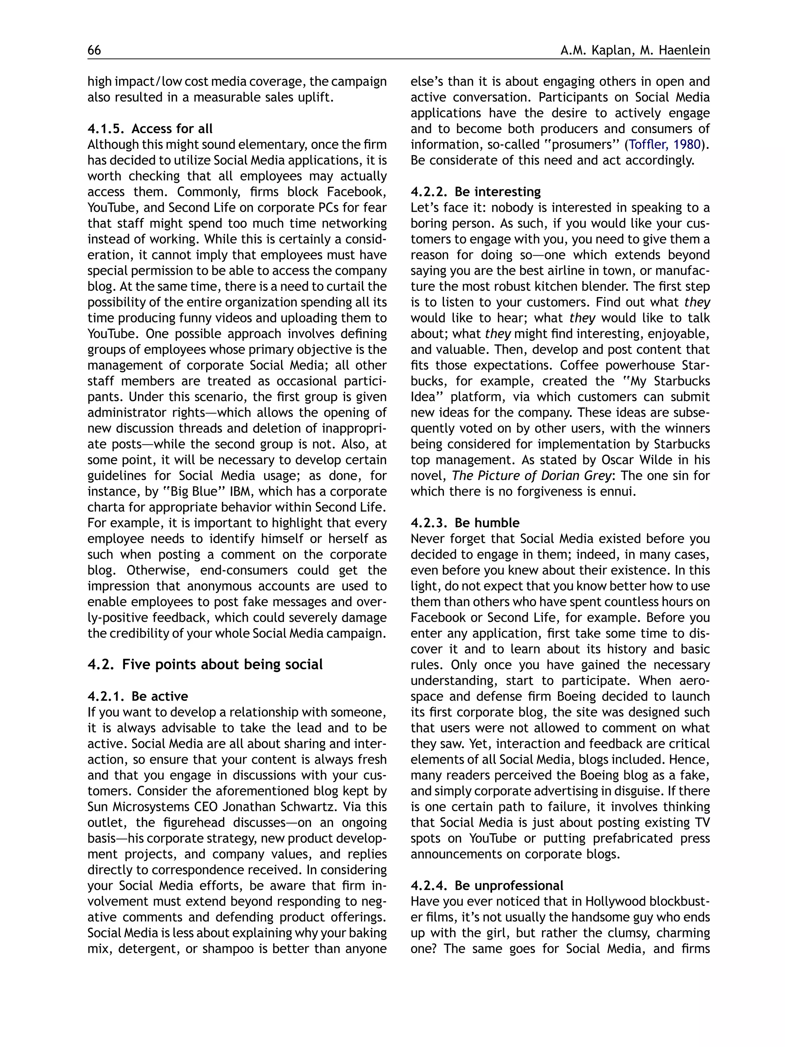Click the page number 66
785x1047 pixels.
[x=94, y=50]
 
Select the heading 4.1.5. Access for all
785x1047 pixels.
[x=149, y=129]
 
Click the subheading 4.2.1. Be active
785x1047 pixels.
[x=137, y=696]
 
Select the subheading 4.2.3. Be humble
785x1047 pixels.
[x=465, y=523]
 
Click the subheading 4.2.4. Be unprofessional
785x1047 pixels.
[x=486, y=886]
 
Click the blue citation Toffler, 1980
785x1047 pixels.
[x=664, y=145]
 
